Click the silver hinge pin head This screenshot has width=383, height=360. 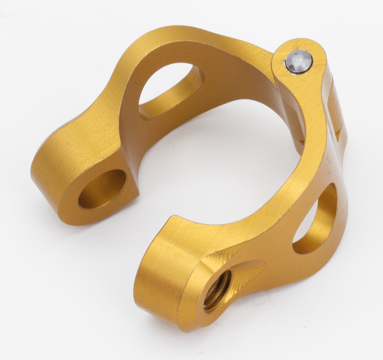[298, 61]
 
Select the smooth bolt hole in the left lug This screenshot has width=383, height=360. [102, 189]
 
